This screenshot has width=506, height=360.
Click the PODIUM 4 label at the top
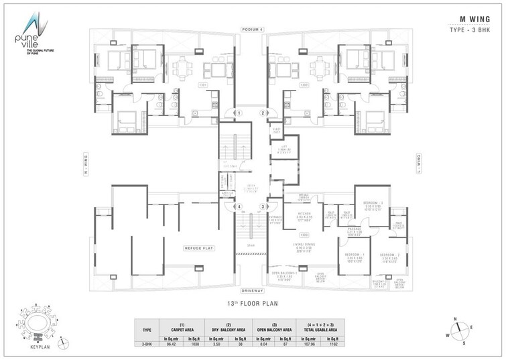253,29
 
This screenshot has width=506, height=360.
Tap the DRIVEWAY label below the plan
253,291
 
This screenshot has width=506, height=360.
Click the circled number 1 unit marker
239,113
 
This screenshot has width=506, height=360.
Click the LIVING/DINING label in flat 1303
304,245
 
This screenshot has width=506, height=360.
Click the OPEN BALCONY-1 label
284,273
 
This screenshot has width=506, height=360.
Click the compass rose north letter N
453,319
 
